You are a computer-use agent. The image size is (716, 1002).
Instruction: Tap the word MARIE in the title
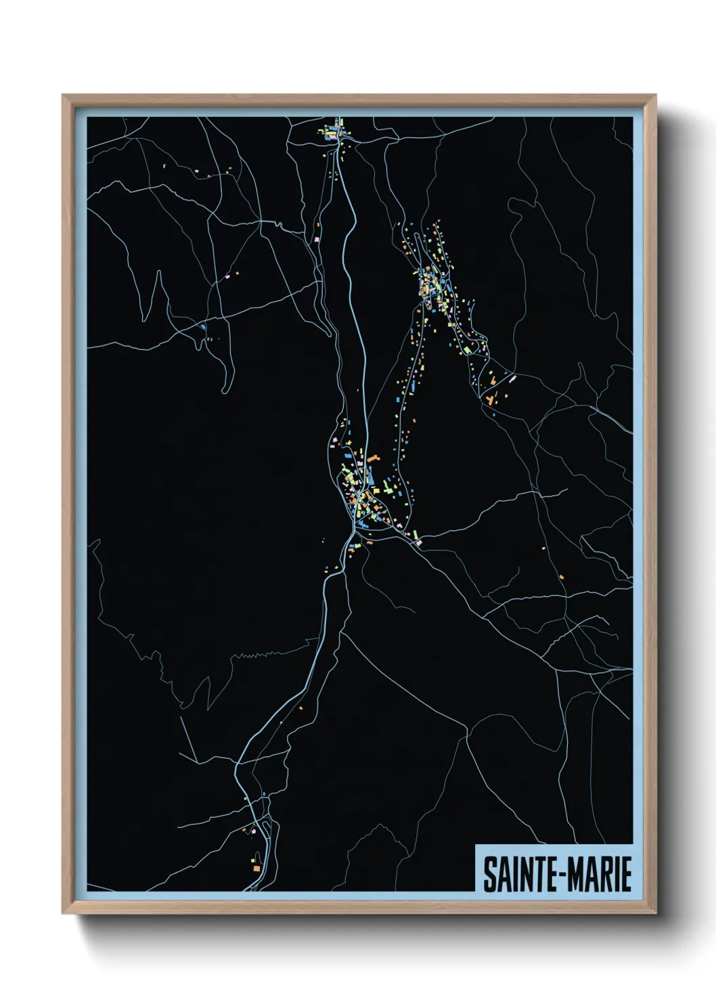coord(598,874)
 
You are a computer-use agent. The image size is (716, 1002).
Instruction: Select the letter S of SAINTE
coord(488,874)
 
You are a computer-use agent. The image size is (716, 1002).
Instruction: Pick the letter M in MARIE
coord(574,874)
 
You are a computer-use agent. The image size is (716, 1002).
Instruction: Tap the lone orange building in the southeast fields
coord(562,576)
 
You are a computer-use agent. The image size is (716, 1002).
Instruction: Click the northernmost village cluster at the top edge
coord(333,131)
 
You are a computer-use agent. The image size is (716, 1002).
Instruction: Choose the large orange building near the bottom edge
coord(256,867)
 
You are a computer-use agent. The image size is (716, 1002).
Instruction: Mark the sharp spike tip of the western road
coord(158,272)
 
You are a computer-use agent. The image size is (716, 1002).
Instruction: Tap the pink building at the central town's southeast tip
coord(418,542)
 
